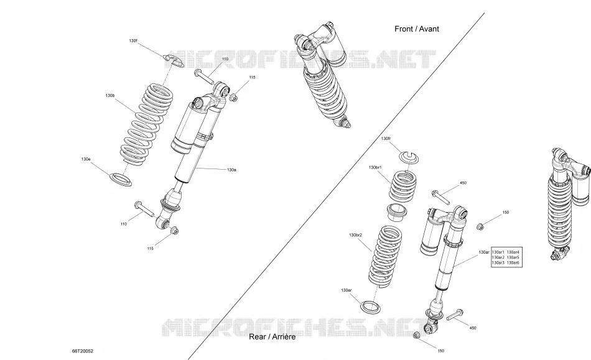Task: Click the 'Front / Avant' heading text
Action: [x=416, y=29]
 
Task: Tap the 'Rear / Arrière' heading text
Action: [x=272, y=336]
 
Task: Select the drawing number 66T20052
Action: [x=83, y=351]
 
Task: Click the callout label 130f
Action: [x=133, y=40]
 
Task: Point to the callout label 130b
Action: [x=109, y=96]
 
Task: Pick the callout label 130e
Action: [x=86, y=159]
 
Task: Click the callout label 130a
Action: [x=231, y=170]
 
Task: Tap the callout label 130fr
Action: [x=386, y=139]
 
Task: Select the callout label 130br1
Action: [x=375, y=167]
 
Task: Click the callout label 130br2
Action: [x=355, y=235]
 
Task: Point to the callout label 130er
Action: [x=346, y=290]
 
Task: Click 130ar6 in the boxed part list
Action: [x=513, y=262]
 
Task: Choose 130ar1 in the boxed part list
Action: [x=498, y=252]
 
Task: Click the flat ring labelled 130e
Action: [x=121, y=180]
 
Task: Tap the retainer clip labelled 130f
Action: [x=174, y=61]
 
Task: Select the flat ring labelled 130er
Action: [x=371, y=307]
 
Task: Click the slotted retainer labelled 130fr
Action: [x=410, y=157]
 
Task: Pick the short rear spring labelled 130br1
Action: [x=403, y=186]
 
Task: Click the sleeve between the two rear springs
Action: [x=398, y=213]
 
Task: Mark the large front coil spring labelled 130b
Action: [x=147, y=124]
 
